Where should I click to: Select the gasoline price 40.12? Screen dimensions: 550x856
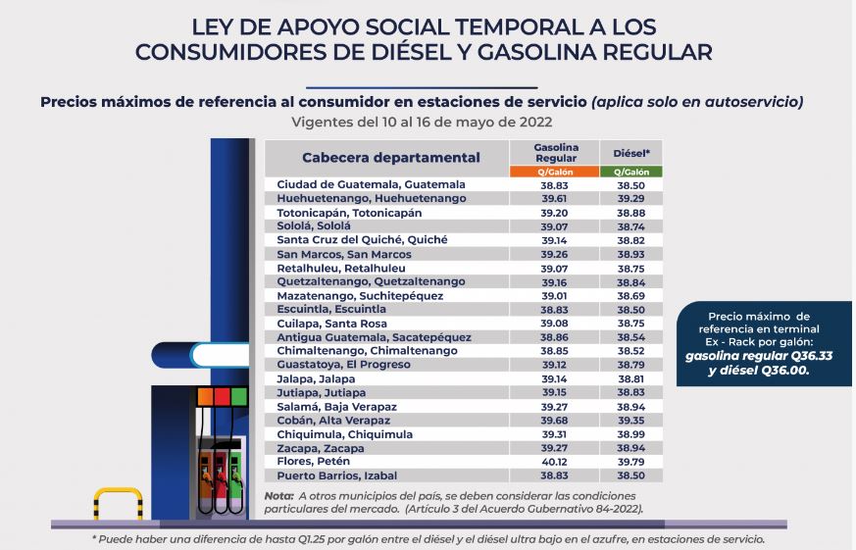pos(554,461)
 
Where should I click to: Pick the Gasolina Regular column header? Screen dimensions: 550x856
pos(554,152)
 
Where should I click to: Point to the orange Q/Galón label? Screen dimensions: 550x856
pos(554,172)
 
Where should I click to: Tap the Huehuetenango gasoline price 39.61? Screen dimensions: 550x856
pos(554,198)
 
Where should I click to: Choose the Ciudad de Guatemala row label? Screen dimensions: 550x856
pos(371,184)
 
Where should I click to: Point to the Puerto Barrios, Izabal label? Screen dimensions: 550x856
pos(336,475)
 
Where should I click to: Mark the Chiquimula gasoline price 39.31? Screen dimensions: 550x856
pos(554,433)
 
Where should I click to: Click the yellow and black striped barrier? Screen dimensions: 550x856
pos(118,503)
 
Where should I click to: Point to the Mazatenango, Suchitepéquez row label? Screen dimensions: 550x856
pos(360,295)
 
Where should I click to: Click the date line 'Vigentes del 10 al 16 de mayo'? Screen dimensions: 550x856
pos(422,123)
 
